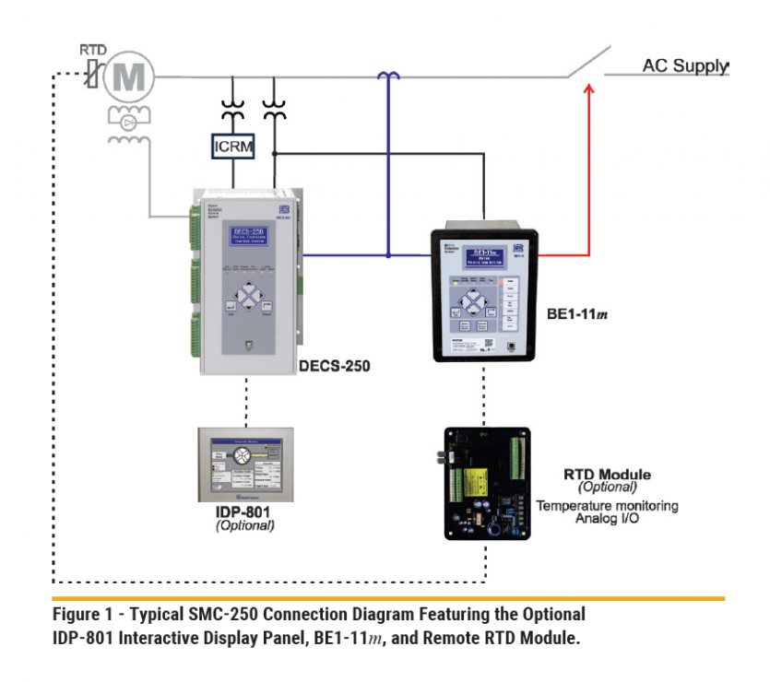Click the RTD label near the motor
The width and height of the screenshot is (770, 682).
[x=92, y=47]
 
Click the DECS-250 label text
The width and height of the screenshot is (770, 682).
[x=335, y=366]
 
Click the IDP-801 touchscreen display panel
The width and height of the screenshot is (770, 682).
[x=246, y=462]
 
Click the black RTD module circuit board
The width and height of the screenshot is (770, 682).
[x=485, y=482]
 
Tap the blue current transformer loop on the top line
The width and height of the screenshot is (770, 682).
[x=388, y=76]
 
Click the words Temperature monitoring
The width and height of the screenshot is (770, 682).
[x=607, y=506]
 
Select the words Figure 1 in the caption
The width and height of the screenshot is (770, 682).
[x=80, y=614]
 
